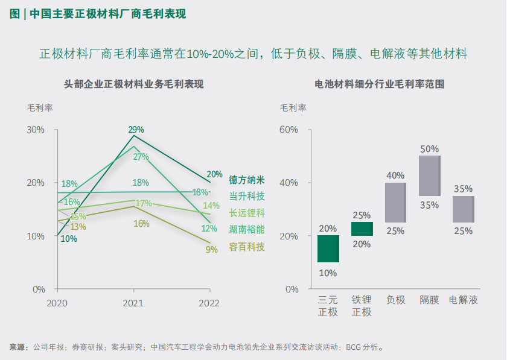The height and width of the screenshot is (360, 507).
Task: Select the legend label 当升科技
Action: pos(247,196)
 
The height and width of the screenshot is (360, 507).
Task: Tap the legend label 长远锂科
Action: pos(247,213)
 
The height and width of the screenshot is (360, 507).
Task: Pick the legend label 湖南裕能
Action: pos(247,230)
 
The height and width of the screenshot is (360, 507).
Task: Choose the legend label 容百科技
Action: pos(247,247)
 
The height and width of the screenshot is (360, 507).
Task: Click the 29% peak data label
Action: pos(136,129)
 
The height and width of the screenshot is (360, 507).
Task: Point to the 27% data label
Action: pos(141,157)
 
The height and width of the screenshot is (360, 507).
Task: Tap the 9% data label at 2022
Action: pos(211,249)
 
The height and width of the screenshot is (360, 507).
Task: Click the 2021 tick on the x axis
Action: pos(133,303)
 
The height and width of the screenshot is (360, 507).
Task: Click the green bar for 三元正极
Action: pos(328,248)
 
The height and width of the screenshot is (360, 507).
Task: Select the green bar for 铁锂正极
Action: pos(362,229)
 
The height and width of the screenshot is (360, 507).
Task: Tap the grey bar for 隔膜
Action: pos(429,175)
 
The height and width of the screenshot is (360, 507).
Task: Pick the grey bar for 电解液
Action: pos(463,209)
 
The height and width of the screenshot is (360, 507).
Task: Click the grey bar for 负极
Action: pos(395,202)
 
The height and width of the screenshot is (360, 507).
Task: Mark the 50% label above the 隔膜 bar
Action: pos(429,148)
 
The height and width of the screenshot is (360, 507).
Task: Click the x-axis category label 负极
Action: pos(395,300)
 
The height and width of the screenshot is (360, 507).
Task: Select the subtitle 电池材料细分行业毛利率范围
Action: pos(379,84)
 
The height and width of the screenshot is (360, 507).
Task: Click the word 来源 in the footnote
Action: pos(18,347)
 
